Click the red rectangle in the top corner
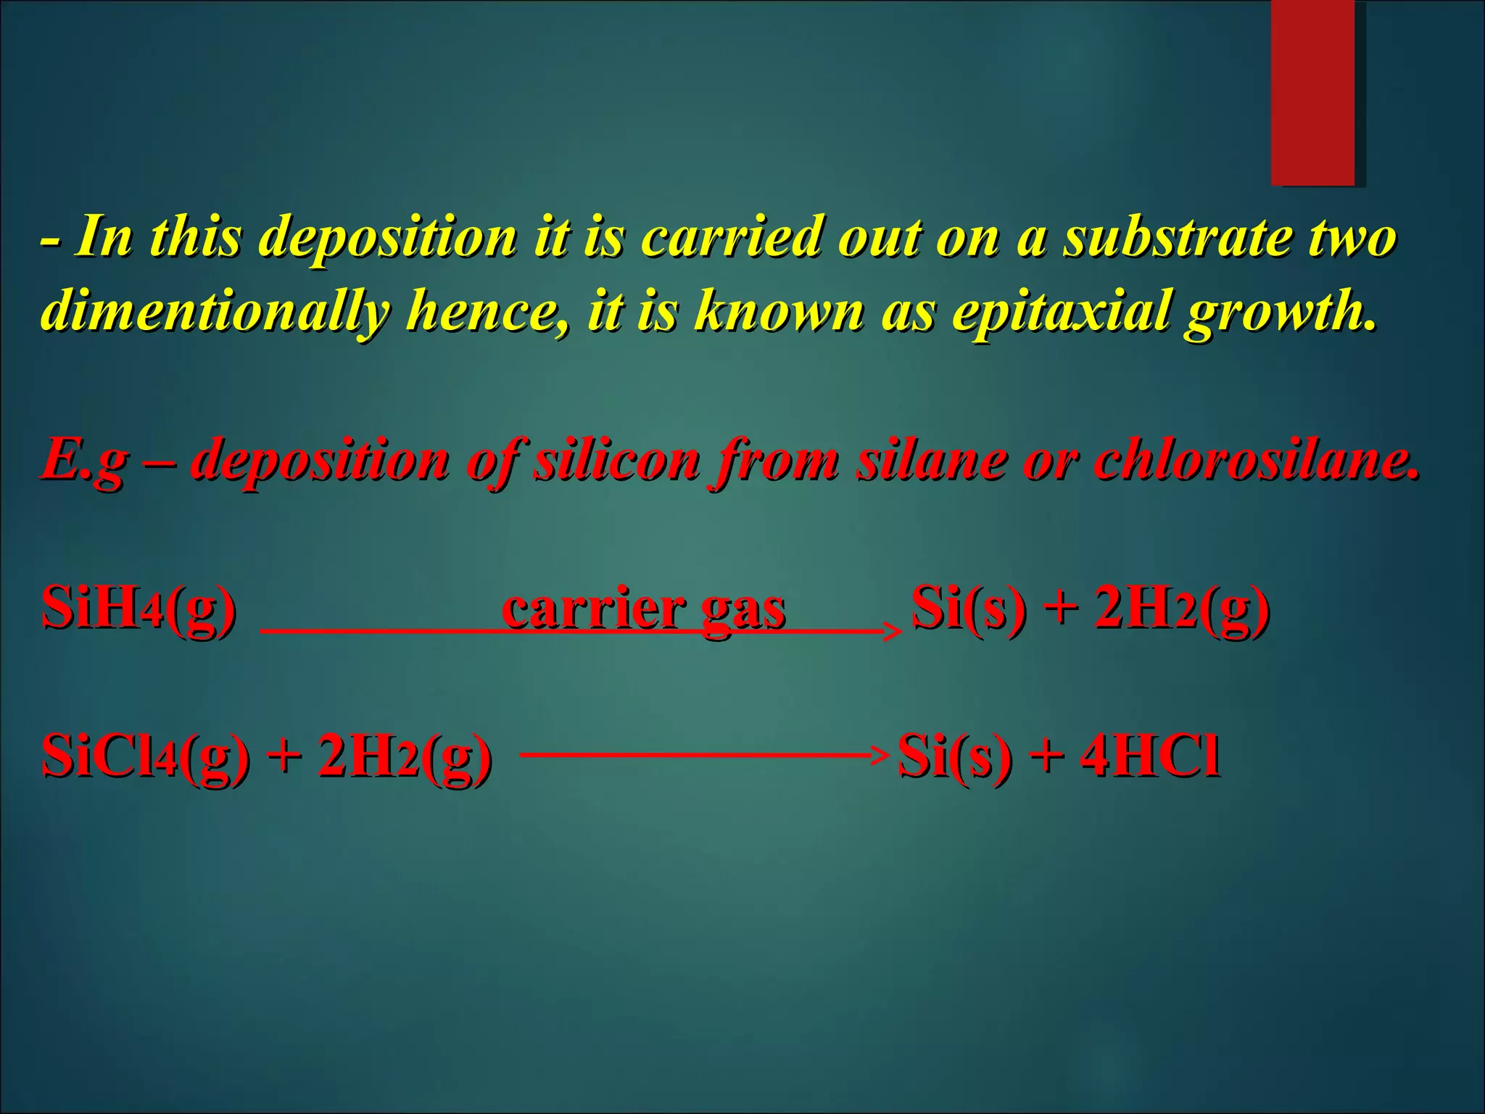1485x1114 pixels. click(1312, 92)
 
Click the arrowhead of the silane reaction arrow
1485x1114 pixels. click(893, 632)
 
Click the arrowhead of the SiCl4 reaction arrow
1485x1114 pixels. click(880, 755)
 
